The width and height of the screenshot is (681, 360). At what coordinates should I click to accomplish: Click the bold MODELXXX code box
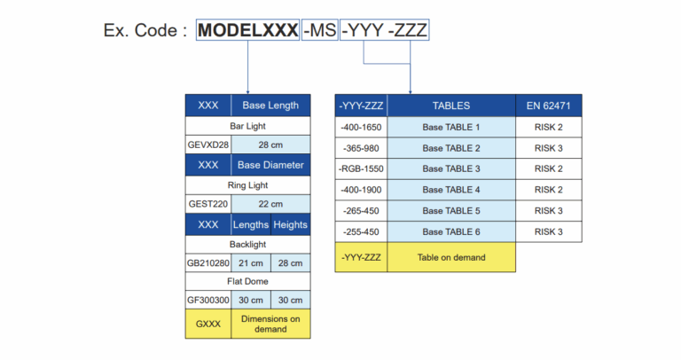[247, 30]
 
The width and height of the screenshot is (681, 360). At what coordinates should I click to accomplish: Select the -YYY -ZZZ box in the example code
[386, 30]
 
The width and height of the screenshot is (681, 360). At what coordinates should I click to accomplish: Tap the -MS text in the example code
[320, 30]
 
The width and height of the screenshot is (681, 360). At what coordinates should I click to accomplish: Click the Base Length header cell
[270, 106]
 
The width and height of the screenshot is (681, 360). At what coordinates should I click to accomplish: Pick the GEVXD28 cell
[208, 145]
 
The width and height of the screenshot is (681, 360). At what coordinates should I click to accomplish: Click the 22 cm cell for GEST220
[270, 204]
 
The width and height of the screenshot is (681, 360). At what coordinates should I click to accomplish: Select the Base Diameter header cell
[270, 165]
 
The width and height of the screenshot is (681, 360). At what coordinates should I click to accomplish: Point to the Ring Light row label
[248, 184]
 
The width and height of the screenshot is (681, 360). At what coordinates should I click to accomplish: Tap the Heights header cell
[291, 224]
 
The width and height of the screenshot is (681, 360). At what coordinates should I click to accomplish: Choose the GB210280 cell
[208, 263]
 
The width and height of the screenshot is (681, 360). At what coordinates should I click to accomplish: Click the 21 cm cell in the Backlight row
[251, 263]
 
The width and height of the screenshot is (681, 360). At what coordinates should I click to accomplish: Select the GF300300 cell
[208, 301]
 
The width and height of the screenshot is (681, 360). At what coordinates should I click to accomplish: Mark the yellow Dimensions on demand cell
[270, 324]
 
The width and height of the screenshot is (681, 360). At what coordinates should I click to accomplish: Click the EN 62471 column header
[549, 106]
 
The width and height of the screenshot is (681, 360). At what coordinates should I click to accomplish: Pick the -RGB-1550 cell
[361, 168]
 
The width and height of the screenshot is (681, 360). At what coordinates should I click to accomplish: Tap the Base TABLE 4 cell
[451, 190]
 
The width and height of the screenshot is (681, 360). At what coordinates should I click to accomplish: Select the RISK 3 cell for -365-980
[549, 148]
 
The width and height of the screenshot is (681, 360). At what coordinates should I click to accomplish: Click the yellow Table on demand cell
[451, 258]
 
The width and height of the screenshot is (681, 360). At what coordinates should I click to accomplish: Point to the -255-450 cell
[361, 231]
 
